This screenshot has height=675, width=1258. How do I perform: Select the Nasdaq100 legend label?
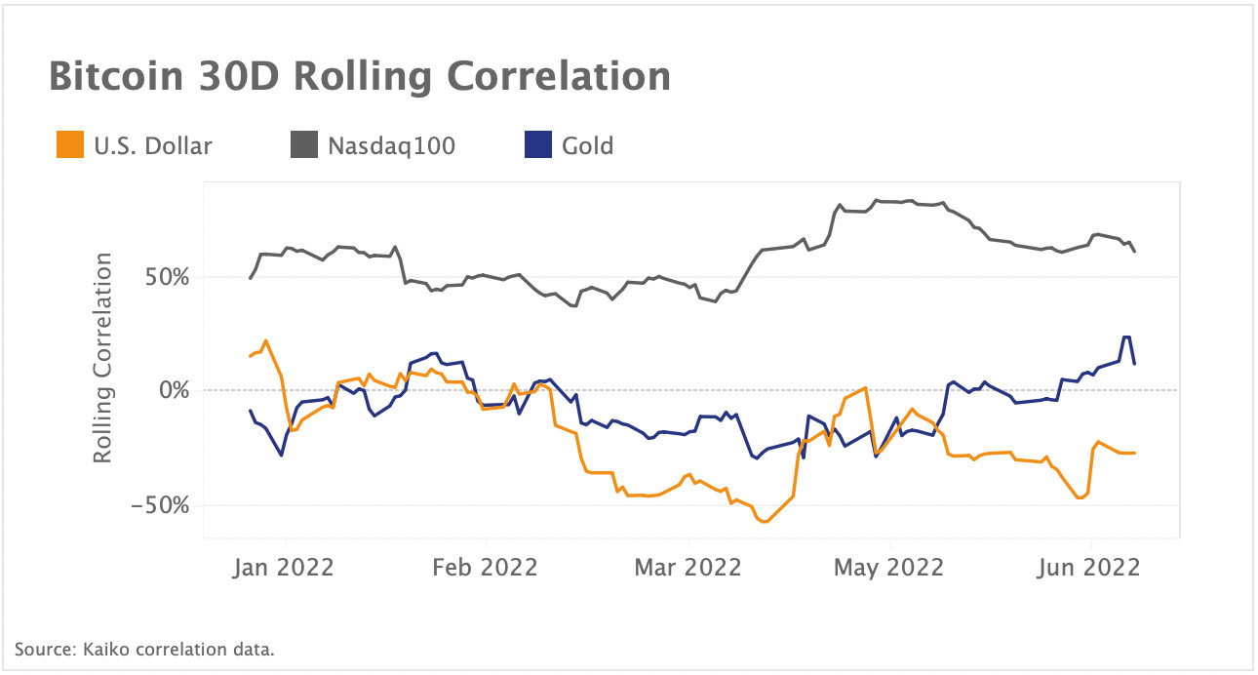coord(391,146)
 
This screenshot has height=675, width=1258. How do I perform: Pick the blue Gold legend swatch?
coord(537,146)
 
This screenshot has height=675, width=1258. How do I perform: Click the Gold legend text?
coord(587,146)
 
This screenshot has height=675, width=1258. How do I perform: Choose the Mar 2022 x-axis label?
coord(688,567)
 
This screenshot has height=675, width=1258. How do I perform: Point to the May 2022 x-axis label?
coord(889,567)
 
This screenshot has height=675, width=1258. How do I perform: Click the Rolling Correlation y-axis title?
coord(103,358)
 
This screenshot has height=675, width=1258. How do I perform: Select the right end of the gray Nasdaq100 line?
coord(1135,252)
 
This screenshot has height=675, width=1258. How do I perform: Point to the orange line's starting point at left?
coord(251,356)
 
